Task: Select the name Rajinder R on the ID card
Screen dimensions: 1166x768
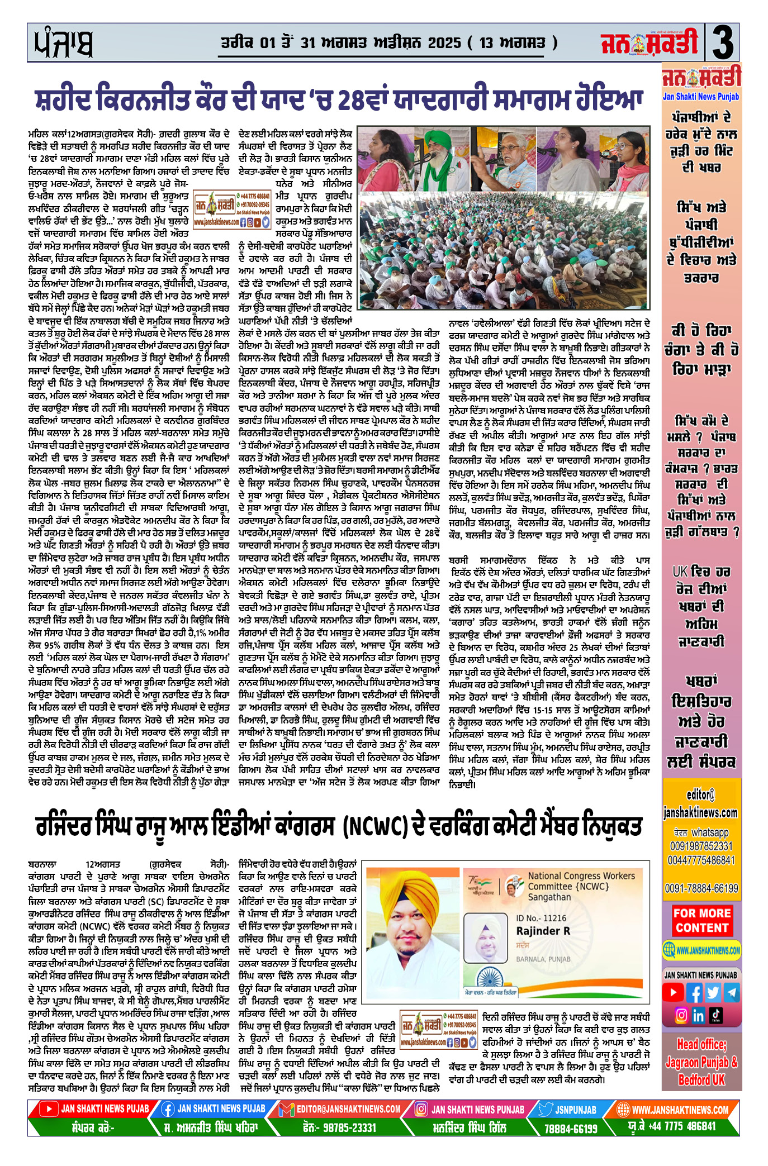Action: pos(543,931)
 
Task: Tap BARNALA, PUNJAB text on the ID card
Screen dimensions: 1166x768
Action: pos(543,959)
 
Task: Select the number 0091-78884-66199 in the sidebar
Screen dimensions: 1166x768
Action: pos(701,888)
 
